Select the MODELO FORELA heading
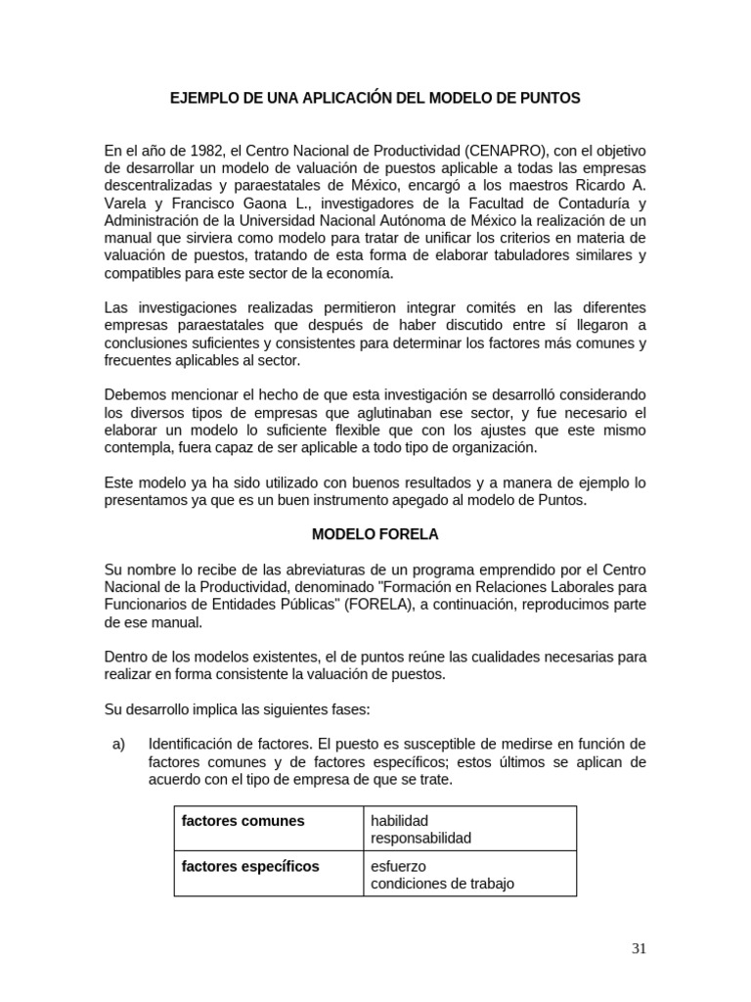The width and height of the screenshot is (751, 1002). coord(375,534)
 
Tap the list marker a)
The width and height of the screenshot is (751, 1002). coord(120,743)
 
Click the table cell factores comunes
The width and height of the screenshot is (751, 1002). coord(243,821)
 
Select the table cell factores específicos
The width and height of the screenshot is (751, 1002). coord(250,866)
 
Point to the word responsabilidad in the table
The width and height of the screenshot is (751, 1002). coord(420,839)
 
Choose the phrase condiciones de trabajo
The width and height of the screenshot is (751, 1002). coord(442,884)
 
